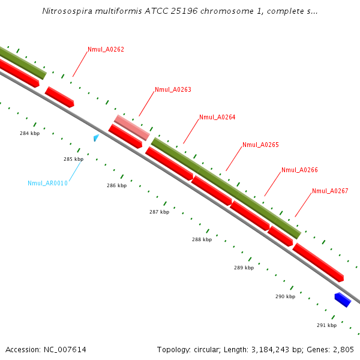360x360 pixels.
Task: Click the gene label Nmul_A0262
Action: tap(106, 49)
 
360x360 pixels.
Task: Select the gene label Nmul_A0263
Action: tap(173, 89)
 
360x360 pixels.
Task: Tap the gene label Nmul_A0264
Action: tap(217, 117)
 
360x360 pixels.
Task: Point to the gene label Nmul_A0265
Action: tap(260, 145)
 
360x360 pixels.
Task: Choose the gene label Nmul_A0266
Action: tap(299, 170)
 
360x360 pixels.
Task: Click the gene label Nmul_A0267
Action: tap(330, 191)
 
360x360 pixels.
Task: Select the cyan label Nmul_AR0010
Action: tap(47, 183)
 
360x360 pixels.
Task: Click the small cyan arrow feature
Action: tap(96, 138)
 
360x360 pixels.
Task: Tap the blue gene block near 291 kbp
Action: tap(342, 299)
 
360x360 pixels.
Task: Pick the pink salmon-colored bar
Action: tap(132, 128)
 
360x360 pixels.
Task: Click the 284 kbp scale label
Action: tap(29, 133)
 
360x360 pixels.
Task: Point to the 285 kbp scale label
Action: tap(73, 159)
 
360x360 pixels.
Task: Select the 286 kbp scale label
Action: tap(116, 185)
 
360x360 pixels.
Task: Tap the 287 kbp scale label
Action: tap(159, 212)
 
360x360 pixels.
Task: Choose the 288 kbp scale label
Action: tap(202, 239)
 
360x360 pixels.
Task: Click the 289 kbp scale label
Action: tap(244, 268)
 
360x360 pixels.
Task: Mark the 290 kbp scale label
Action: tap(285, 296)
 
